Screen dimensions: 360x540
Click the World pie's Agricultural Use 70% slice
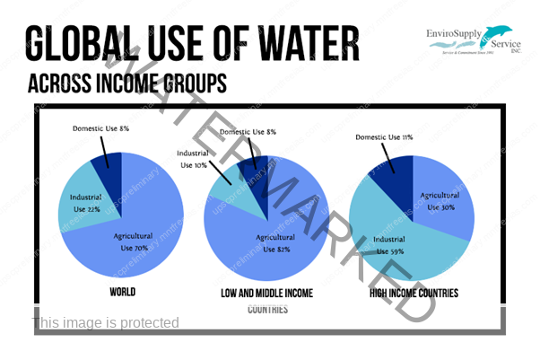pos(135,238)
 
